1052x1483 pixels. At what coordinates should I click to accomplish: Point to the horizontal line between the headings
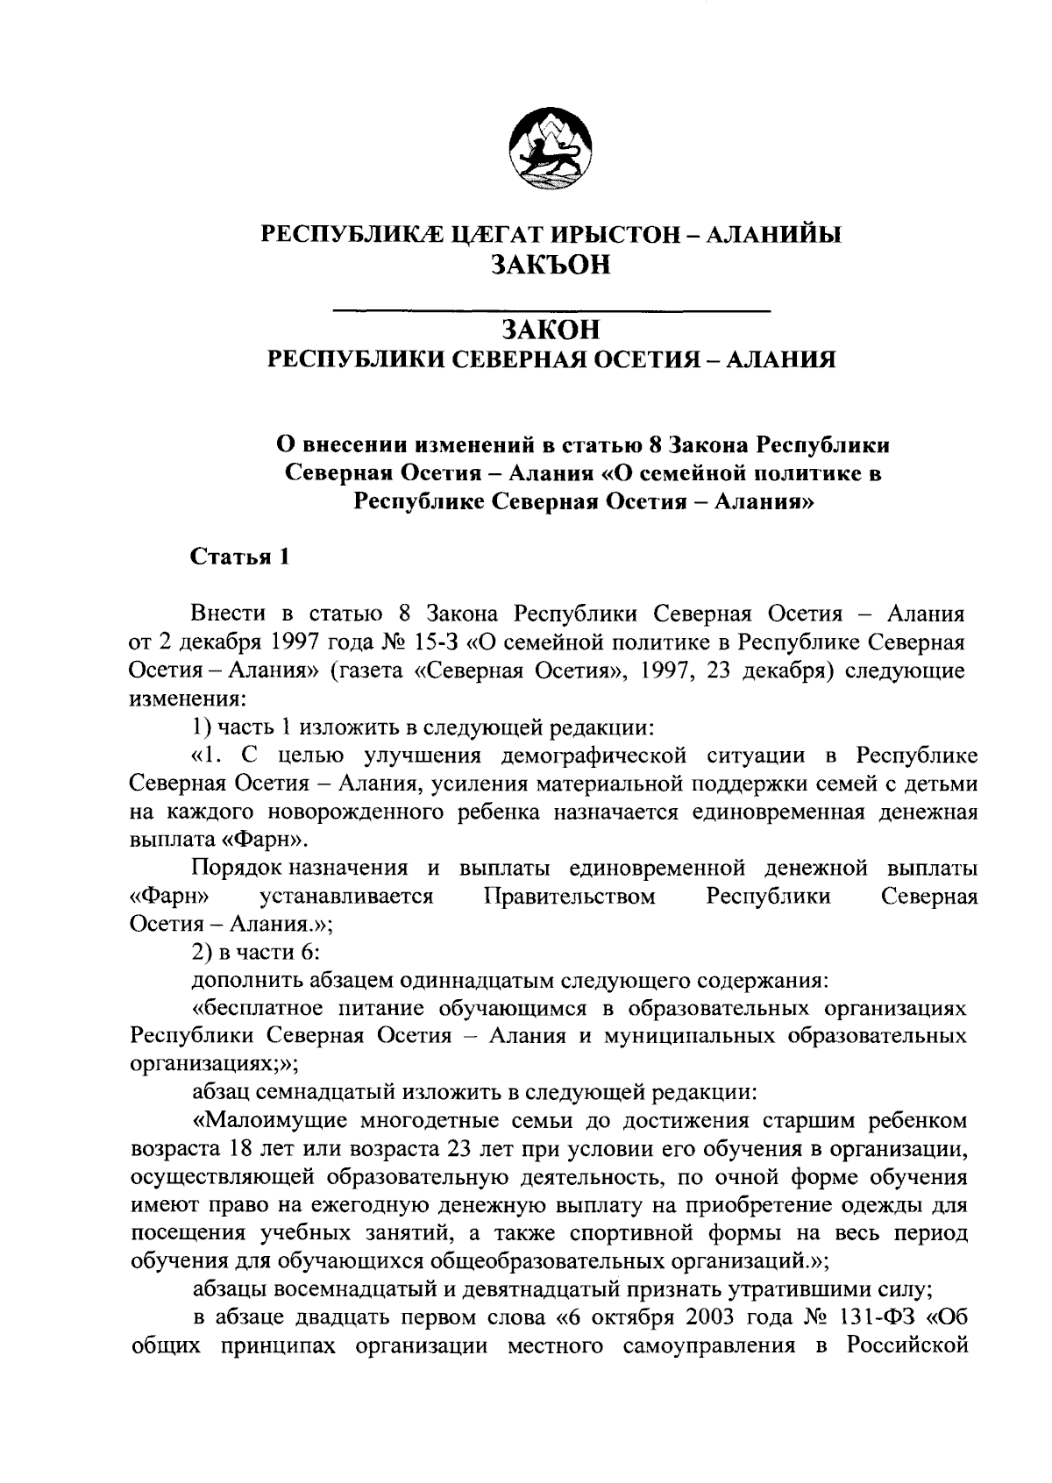coord(552,309)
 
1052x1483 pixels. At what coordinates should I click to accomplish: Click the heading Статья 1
coord(239,557)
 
